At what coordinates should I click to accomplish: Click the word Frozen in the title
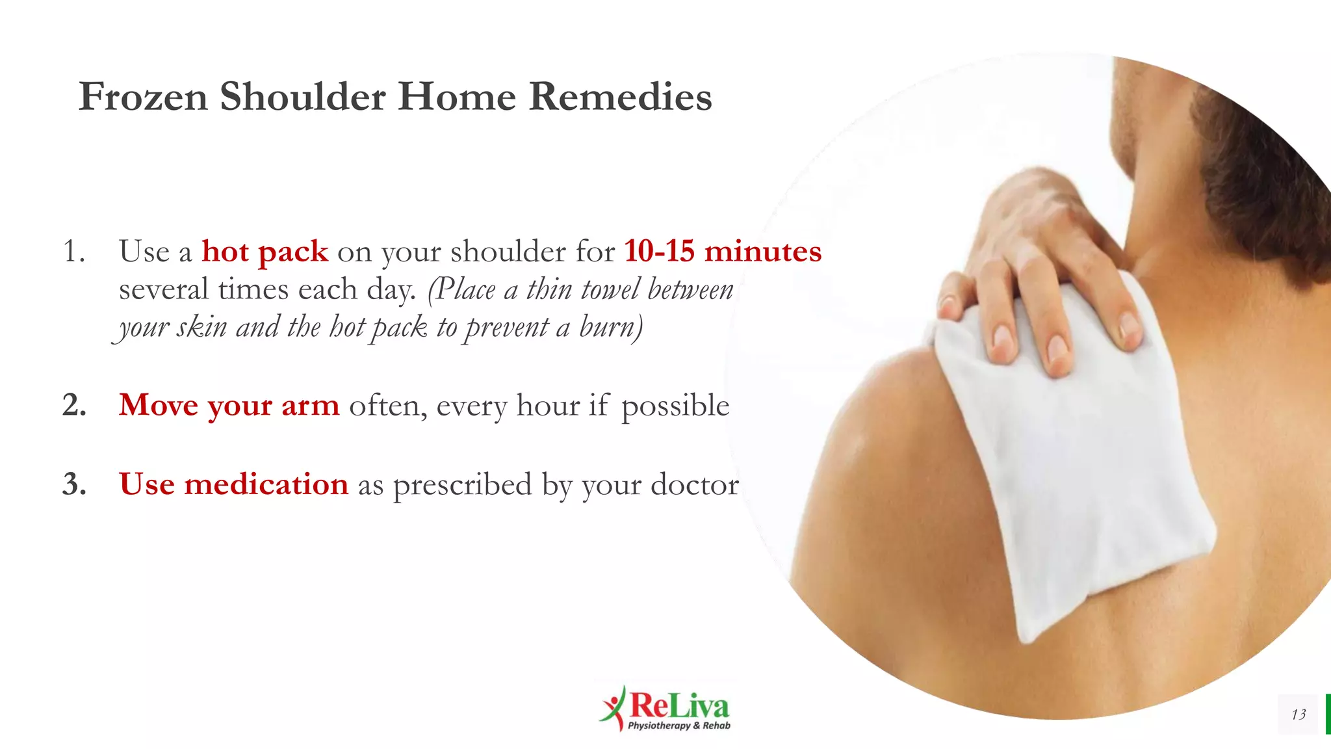pos(143,97)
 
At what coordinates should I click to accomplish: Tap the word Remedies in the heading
pos(620,97)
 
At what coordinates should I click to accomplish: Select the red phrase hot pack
pos(265,252)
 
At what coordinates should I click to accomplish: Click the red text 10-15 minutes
pos(723,252)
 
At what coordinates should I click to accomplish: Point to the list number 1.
pos(73,252)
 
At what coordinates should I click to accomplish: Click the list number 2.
pos(74,405)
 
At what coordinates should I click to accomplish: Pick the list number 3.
pos(74,484)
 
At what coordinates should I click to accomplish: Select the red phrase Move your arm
pos(229,406)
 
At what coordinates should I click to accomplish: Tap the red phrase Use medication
pos(233,484)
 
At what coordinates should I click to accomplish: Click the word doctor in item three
pos(695,485)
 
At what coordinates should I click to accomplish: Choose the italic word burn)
pos(611,327)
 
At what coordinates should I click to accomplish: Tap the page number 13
pos(1299,715)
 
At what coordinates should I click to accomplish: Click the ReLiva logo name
pos(679,705)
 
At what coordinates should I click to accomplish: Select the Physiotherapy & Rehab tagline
pos(679,726)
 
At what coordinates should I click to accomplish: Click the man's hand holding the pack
pos(1040,273)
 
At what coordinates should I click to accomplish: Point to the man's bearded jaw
pos(1235,163)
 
